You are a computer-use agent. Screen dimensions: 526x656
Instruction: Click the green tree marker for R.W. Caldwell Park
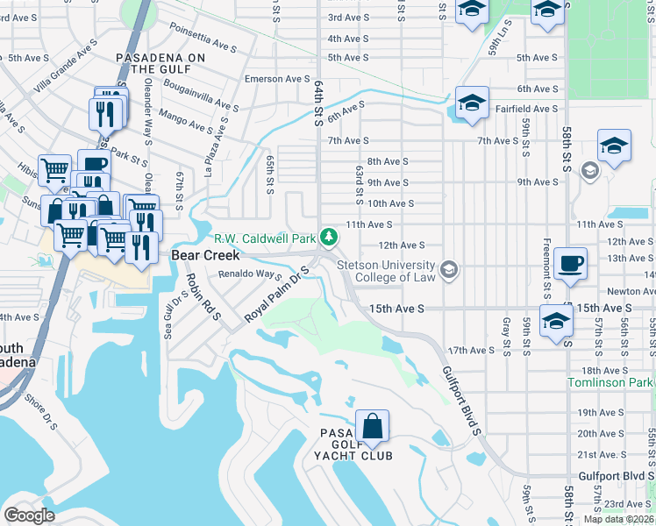click(329, 237)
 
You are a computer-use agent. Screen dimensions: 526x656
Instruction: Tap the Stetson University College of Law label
click(386, 272)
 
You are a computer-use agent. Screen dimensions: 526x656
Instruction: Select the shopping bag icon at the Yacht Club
click(372, 427)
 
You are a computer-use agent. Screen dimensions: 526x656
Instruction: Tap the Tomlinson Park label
click(610, 383)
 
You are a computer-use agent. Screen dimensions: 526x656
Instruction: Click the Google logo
click(30, 515)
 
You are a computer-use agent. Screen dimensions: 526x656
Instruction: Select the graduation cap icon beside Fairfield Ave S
click(472, 103)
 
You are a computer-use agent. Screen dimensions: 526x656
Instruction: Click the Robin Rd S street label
click(203, 297)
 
